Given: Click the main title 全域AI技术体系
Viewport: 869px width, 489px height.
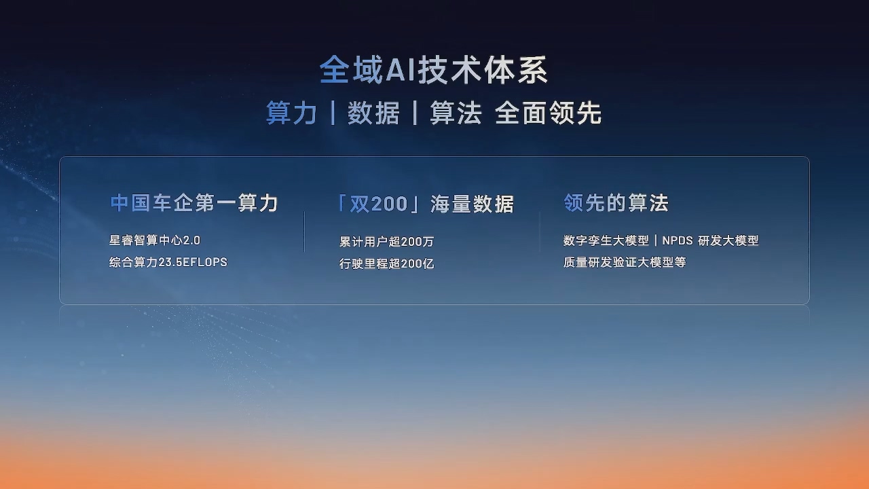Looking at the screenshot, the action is (433, 70).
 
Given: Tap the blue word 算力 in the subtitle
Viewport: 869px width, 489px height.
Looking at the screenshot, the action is (291, 113).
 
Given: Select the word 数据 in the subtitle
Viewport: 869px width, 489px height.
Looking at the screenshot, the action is (373, 113).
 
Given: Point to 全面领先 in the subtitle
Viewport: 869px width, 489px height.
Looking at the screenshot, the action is (548, 113).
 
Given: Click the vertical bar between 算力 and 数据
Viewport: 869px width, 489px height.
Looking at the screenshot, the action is (333, 113).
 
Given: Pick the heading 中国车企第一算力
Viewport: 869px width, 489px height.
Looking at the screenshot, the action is (194, 203).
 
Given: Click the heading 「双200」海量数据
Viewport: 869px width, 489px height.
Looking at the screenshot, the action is (426, 204).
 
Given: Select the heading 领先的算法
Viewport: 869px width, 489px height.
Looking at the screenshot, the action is (616, 202).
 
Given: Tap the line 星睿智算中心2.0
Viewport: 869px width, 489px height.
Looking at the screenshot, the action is (155, 240).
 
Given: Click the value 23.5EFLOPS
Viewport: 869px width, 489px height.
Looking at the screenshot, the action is (193, 262).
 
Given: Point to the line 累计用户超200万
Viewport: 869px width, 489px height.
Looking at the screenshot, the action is (386, 242).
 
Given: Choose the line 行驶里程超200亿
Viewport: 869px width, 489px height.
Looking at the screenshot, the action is (386, 264).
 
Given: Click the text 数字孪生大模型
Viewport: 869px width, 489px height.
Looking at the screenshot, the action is (606, 240).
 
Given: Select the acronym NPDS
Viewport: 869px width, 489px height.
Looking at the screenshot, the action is (678, 240).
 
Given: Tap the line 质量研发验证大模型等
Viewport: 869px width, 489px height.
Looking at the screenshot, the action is (625, 262).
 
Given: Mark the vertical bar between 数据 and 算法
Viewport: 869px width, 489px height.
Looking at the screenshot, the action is (415, 113).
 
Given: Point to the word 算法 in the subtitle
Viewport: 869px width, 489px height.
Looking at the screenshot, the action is (456, 113).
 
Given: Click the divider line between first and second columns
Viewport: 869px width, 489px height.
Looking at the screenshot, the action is (304, 232).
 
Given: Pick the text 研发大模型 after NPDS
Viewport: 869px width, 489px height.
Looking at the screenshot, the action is (728, 240).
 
